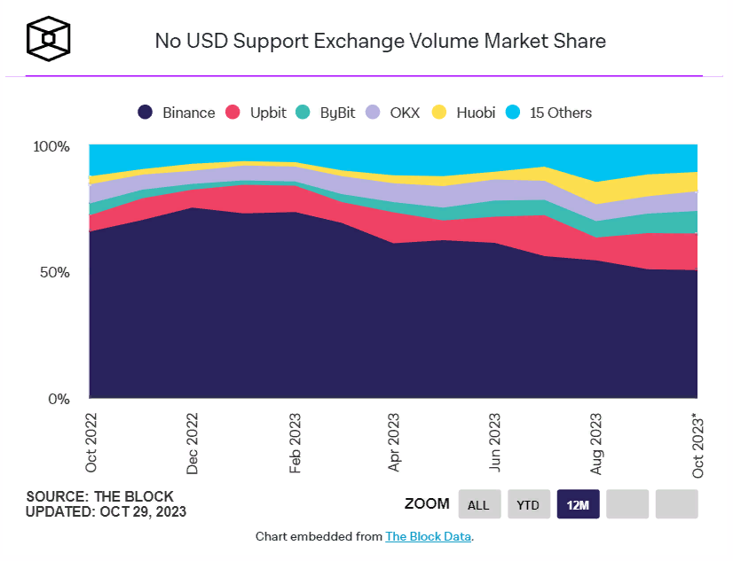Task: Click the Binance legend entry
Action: (x=177, y=113)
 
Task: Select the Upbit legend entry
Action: (x=257, y=113)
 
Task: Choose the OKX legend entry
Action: (x=395, y=113)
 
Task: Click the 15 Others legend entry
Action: (x=548, y=113)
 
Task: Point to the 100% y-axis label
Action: (x=51, y=146)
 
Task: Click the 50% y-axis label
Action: (x=54, y=272)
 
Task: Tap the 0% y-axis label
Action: (x=58, y=399)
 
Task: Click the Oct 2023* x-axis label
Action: (x=698, y=444)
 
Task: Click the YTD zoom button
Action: (x=529, y=504)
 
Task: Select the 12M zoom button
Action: (x=579, y=504)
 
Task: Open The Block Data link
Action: (x=429, y=536)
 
